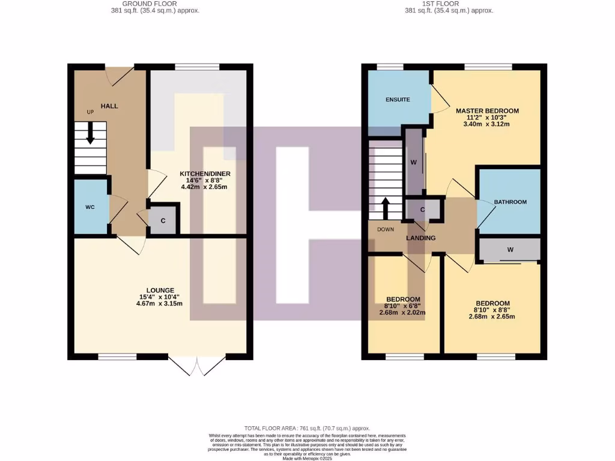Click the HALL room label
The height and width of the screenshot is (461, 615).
coord(109,106)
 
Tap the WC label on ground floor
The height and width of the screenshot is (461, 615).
coord(90,207)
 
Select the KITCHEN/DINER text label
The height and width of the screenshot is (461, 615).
coord(205,174)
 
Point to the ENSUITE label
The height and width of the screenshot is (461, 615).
coord(398,100)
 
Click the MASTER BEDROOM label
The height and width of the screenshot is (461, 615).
coord(487,111)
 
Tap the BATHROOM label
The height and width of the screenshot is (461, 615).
coord(510,202)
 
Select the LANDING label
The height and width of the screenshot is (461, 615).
coord(420,238)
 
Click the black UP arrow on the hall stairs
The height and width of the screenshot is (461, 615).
coord(90,133)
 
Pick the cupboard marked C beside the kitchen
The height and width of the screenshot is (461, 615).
coord(163,220)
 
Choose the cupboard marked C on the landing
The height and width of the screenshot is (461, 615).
coord(423,209)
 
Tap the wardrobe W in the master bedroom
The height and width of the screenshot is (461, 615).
coord(413,162)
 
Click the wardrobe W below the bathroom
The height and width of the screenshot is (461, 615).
coord(510,249)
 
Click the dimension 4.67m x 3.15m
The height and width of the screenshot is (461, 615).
coord(159,303)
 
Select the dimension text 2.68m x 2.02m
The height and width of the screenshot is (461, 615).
coord(402,312)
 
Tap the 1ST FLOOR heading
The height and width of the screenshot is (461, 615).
coord(441,3)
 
